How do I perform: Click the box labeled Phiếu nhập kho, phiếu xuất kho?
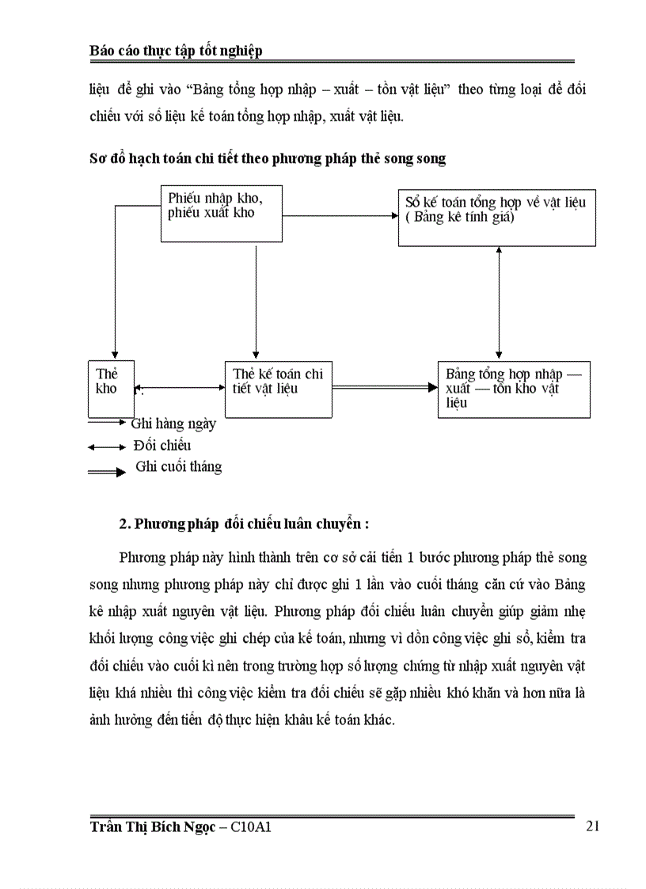click(x=222, y=214)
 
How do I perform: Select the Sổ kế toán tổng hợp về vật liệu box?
click(x=496, y=218)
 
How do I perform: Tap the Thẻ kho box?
click(x=106, y=388)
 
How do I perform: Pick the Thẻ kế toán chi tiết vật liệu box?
click(x=279, y=388)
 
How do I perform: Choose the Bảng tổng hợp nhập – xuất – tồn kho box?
click(x=513, y=389)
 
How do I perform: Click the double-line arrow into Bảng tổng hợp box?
click(x=384, y=387)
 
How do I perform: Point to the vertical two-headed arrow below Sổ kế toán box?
click(x=498, y=303)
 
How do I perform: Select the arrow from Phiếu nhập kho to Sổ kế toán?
click(x=340, y=215)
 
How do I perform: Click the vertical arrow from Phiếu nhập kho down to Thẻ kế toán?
click(x=256, y=301)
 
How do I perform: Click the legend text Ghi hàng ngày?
click(x=173, y=424)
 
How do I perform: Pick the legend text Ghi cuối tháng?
click(x=178, y=466)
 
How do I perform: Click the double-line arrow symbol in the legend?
click(x=107, y=472)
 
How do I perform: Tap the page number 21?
click(x=593, y=826)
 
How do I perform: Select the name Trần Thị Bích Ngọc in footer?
click(x=152, y=827)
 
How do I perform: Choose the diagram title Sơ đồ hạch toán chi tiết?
click(x=267, y=158)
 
